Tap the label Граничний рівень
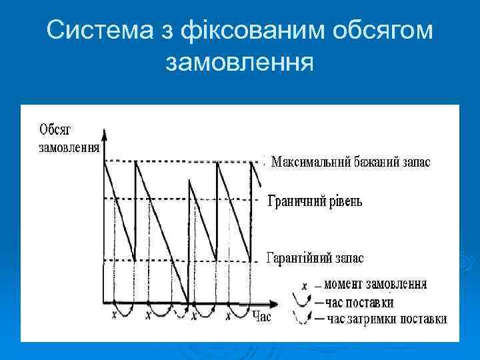(x=315, y=201)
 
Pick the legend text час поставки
(x=360, y=302)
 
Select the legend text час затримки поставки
(x=386, y=319)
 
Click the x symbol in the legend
(x=304, y=285)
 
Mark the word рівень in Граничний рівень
(x=343, y=201)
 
